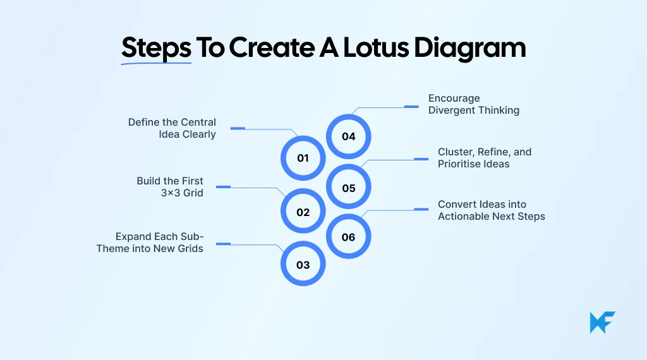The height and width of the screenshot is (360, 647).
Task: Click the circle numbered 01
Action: pyautogui.click(x=303, y=158)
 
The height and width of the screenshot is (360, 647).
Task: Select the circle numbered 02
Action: pyautogui.click(x=303, y=212)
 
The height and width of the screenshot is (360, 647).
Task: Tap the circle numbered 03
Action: pyautogui.click(x=303, y=265)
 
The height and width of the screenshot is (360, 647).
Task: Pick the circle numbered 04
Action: pyautogui.click(x=349, y=136)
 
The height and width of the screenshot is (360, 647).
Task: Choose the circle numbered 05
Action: pyautogui.click(x=349, y=188)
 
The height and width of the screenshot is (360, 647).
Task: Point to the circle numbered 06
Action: pyautogui.click(x=349, y=237)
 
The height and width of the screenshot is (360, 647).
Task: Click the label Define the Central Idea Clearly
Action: pyautogui.click(x=172, y=128)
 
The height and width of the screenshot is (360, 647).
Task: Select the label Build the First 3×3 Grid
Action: pyautogui.click(x=170, y=187)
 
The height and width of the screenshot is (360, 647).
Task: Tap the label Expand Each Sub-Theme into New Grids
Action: pyautogui.click(x=150, y=243)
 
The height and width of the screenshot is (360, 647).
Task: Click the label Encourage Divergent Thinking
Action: pyautogui.click(x=473, y=104)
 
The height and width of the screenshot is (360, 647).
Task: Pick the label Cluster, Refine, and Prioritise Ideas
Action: pyautogui.click(x=485, y=158)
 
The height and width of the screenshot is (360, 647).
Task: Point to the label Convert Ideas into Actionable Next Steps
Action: pyautogui.click(x=491, y=210)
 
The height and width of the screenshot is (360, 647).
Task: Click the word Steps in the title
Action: pyautogui.click(x=156, y=48)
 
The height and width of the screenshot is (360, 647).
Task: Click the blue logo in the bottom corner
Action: pyautogui.click(x=602, y=322)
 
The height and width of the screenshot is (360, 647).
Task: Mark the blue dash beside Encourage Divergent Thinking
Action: pyautogui.click(x=411, y=106)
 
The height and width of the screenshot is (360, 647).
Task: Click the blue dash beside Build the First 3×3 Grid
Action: pyautogui.click(x=224, y=186)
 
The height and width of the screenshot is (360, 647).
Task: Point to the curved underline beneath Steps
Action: pyautogui.click(x=156, y=63)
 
